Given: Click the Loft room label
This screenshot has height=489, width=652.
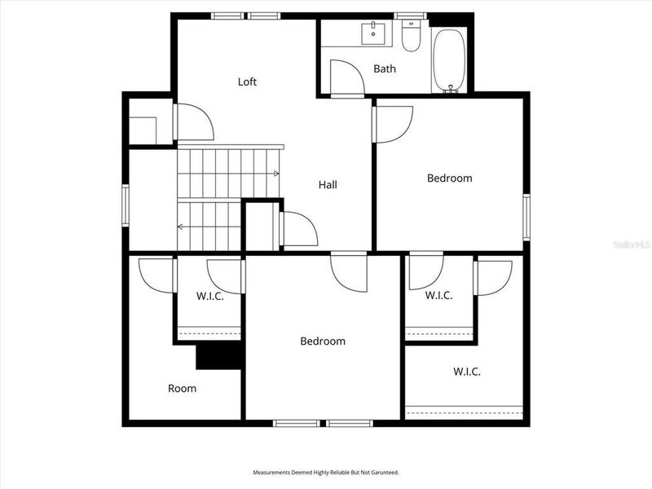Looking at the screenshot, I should point(247,81).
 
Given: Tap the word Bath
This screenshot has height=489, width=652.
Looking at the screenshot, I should point(385,68).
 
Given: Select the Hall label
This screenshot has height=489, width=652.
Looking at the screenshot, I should point(328,185).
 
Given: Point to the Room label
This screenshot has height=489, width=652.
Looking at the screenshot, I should point(182,389).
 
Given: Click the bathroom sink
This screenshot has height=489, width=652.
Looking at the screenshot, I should point(374,33).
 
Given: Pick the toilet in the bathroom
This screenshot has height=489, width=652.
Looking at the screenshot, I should point(411,37).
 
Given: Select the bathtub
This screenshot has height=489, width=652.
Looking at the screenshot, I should point(449,59).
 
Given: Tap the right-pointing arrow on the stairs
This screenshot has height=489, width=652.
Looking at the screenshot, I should point(276,174).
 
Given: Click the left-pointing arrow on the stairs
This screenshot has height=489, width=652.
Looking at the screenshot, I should point(181,227).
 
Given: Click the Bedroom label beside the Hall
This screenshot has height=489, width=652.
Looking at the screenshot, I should point(450,178).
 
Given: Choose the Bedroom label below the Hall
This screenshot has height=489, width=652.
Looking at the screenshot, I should point(323,341).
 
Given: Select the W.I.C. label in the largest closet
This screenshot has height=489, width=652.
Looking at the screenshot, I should point(467,372).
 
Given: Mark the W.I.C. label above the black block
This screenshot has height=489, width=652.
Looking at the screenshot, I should point(209,296).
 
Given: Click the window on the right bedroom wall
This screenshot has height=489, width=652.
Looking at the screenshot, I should point(526,218).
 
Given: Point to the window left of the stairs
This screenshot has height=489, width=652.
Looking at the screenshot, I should point(126,205).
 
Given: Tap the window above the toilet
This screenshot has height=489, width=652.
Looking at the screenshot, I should point(411,15).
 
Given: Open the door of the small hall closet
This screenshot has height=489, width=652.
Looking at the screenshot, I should point(298,229).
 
